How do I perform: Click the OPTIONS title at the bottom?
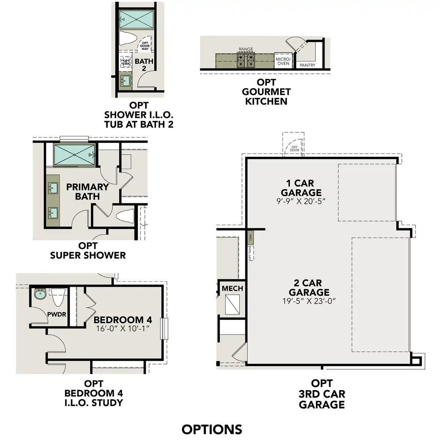point(212,429)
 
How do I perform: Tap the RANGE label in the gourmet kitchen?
point(246,49)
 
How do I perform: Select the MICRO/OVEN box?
point(283,61)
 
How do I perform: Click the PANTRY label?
point(307,65)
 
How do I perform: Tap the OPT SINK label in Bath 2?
point(126,62)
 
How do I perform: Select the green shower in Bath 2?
point(136,19)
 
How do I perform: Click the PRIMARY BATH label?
point(87,191)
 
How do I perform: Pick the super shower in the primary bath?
point(74,155)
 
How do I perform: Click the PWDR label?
point(56,314)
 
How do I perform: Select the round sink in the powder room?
point(40,294)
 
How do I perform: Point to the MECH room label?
point(232,289)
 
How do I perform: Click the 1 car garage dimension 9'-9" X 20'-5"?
point(301,201)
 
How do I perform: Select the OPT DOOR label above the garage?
point(295,149)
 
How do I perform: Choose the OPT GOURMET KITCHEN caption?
point(266,92)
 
